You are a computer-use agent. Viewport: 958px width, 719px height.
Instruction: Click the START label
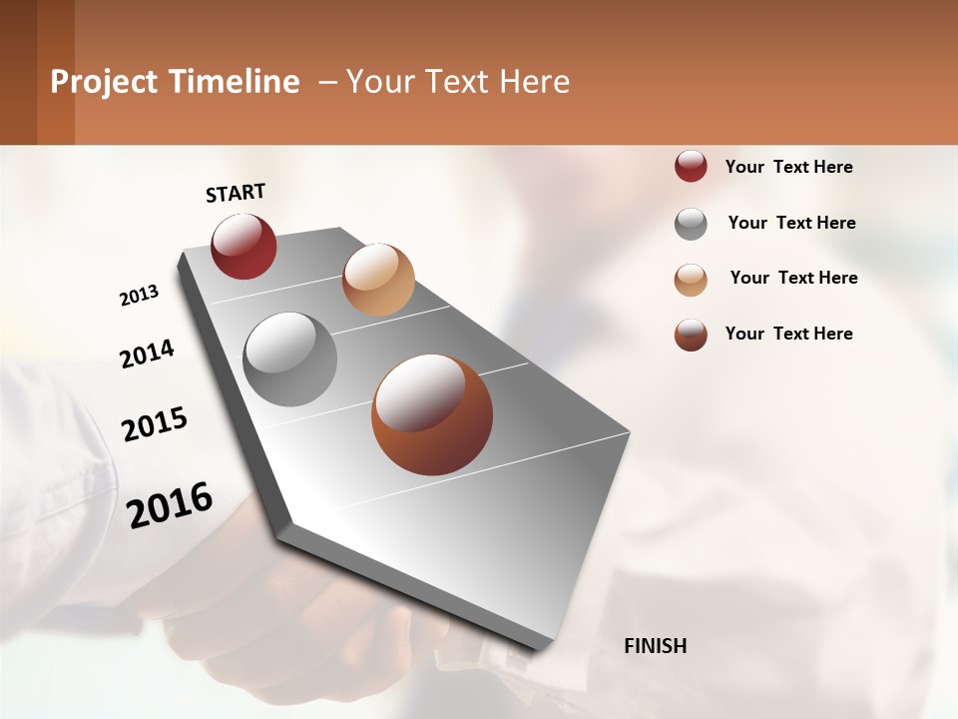236,193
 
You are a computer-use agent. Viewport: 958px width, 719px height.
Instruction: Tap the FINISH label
655,646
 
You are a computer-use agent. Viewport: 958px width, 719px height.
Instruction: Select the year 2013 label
140,296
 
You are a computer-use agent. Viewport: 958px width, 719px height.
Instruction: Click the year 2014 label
147,354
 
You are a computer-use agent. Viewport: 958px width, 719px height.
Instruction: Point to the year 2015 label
155,424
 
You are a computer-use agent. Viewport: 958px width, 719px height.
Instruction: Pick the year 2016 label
170,504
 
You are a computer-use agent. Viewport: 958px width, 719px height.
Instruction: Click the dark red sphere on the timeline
243,246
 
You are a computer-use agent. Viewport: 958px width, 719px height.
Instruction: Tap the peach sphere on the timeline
378,280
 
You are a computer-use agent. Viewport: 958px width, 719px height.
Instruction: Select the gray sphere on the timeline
289,359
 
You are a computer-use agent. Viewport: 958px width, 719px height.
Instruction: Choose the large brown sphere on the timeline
432,414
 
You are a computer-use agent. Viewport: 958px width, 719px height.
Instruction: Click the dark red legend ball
691,167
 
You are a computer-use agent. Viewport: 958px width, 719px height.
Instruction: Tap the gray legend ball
691,224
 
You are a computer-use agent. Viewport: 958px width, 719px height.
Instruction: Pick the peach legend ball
691,280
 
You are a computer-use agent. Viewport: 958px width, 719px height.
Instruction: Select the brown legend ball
691,335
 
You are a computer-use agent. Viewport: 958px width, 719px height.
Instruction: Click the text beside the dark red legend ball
788,167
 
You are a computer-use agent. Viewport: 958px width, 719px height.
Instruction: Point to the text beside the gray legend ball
791,223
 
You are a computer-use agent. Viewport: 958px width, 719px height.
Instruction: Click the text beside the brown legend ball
788,334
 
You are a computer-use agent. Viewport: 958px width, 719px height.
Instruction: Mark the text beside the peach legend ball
793,278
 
